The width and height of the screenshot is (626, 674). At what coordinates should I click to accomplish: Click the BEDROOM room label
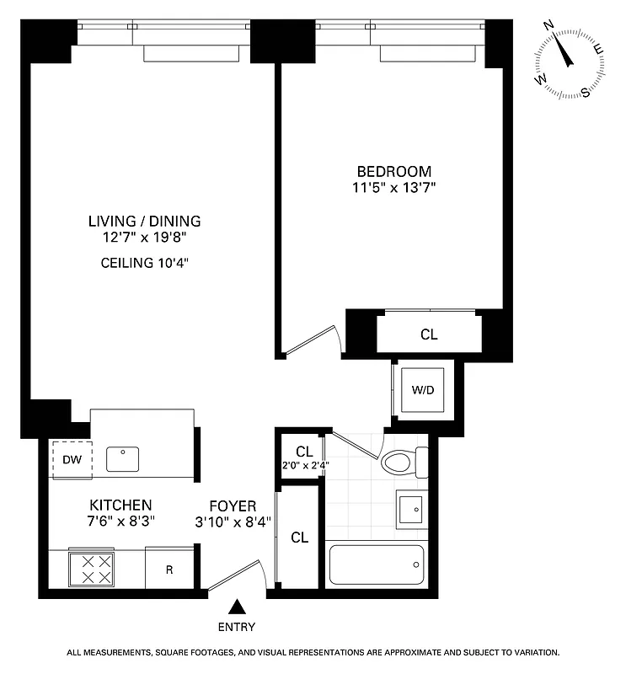click(393, 171)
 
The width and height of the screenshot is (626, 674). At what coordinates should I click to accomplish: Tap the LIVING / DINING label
click(145, 222)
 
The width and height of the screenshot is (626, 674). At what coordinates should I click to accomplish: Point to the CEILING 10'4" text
click(145, 262)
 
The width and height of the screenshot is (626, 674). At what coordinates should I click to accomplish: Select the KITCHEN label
click(120, 505)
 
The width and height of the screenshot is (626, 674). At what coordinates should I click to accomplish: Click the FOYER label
click(233, 505)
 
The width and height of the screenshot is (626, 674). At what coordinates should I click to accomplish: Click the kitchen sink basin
click(124, 459)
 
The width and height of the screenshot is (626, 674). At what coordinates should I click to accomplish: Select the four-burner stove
click(91, 569)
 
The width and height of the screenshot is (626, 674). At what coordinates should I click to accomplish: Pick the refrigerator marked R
click(169, 570)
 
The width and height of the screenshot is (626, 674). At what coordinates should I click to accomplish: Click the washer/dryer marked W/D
click(423, 390)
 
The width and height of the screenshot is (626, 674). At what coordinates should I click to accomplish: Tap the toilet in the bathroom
click(403, 462)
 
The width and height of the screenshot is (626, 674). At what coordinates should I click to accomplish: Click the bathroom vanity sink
click(411, 510)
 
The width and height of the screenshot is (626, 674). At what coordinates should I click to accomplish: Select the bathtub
click(376, 564)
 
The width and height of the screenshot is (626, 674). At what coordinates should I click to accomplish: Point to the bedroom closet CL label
click(429, 334)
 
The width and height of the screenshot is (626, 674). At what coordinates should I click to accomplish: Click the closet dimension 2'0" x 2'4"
click(304, 464)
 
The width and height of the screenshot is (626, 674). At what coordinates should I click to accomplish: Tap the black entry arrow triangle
click(238, 606)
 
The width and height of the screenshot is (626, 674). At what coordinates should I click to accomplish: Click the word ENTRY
click(237, 627)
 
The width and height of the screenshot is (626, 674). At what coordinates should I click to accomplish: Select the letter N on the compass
click(548, 26)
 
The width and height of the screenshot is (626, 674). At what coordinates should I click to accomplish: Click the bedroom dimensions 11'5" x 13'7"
click(393, 187)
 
